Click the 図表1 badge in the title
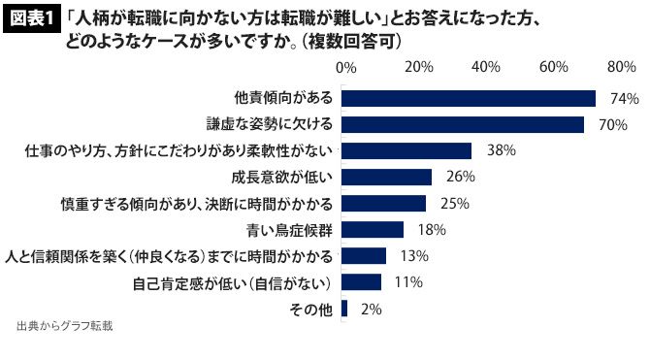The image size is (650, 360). tap(32, 19)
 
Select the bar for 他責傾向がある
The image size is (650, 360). tap(469, 99)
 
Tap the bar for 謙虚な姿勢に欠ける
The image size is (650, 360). tap(463, 124)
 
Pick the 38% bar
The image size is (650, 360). tap(406, 151)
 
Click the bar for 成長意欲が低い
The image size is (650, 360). tap(386, 178)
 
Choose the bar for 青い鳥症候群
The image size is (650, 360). tap(373, 229)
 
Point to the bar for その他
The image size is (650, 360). tap(344, 309)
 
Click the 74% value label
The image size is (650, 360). tap(625, 99)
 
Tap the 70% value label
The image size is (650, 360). tap(613, 125)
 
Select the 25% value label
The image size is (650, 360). tap(455, 203)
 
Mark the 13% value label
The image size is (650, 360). tap(414, 256)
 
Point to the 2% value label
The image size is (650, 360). tap(372, 309)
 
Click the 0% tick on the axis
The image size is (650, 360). tap(346, 67)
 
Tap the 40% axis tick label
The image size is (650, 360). tap(486, 67)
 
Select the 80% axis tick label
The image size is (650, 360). tap(622, 67)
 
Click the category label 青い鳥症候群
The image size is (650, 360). tap(289, 230)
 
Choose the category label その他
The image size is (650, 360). tap(310, 310)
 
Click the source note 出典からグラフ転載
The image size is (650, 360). tap(65, 326)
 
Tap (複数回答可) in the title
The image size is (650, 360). tap(350, 42)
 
